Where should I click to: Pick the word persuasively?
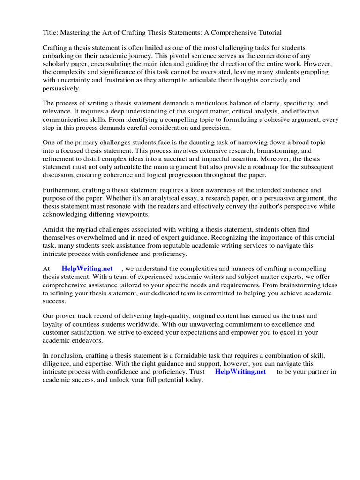(x=61, y=88)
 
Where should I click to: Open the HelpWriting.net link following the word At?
(x=87, y=269)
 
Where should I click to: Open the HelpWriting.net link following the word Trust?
(x=240, y=372)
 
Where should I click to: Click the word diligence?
(x=57, y=364)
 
